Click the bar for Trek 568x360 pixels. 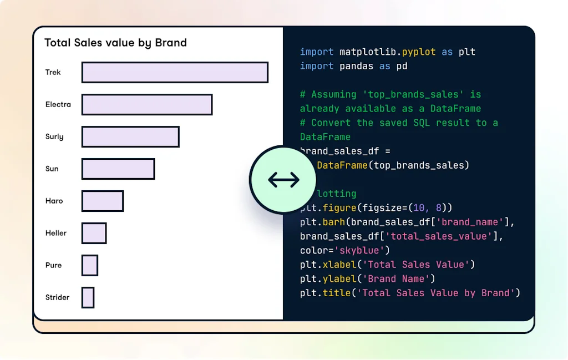175,73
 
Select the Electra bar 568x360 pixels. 147,105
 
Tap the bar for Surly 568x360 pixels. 130,137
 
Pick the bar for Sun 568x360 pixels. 118,169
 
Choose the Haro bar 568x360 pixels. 103,201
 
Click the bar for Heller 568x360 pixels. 94,234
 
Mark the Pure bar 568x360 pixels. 90,266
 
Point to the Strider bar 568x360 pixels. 88,298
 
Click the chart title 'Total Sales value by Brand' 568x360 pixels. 115,43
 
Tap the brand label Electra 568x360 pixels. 58,104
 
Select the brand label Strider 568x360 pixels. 58,297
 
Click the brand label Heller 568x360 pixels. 56,233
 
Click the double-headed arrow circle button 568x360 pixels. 283,180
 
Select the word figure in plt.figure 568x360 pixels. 339,208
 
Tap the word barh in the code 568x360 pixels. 334,222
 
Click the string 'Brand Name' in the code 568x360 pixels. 395,279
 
